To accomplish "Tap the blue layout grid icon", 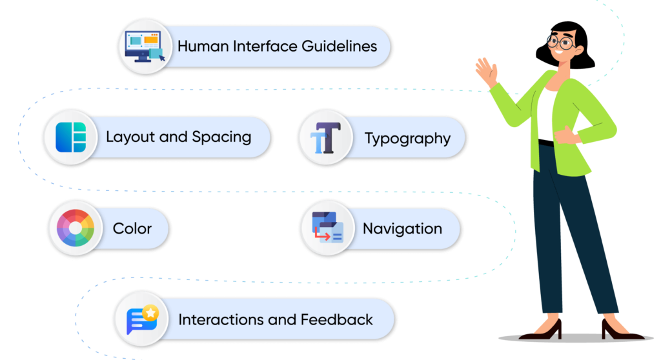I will point(70,137).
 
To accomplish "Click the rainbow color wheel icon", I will point(75,228).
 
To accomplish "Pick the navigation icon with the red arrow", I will point(327,228).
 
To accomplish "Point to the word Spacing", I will point(221,137).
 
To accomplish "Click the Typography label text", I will point(407,139).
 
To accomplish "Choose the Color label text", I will point(132,229).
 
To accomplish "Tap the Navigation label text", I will point(402,229).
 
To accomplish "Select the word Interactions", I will point(223,320).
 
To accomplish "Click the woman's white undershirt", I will point(547,113).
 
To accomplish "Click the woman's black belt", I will point(546,143).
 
